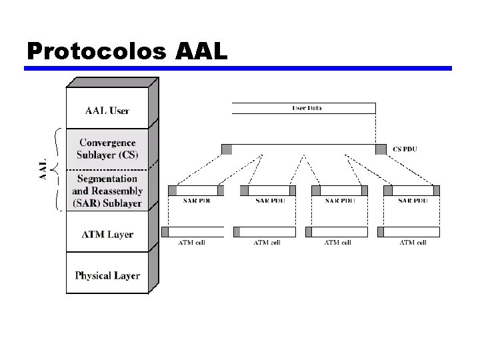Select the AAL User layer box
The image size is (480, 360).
point(107,109)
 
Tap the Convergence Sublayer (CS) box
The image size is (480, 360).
point(107,148)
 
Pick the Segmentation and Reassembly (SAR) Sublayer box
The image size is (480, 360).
point(107,191)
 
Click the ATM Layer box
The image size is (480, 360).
point(107,234)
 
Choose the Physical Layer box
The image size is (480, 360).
point(107,275)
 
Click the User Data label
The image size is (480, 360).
point(307,108)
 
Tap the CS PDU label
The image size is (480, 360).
point(405,149)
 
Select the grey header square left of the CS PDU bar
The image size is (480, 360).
point(227,149)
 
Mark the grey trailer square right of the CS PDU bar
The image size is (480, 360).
point(381,149)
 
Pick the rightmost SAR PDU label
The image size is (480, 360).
point(413,201)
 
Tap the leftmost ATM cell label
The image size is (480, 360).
point(191,243)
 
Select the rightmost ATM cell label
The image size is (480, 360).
point(413,243)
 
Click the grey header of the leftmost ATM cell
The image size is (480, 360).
point(165,231)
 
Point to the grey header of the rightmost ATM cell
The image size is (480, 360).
point(381,231)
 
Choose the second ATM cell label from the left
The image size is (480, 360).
point(267,243)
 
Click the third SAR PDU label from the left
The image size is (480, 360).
point(340,201)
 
